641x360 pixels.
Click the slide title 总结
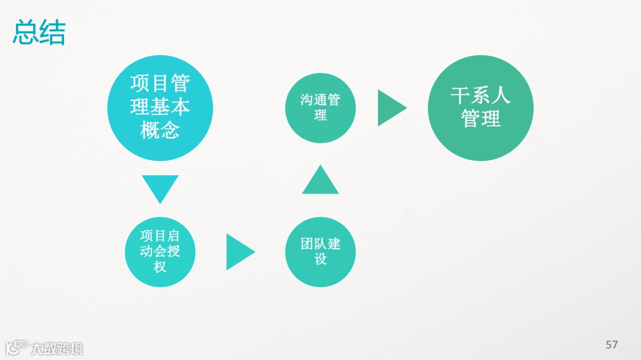pyautogui.click(x=39, y=33)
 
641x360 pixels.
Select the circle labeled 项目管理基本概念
pyautogui.click(x=160, y=108)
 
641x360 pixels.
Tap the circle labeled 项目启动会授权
pyautogui.click(x=160, y=251)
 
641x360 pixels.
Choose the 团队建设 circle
pyautogui.click(x=320, y=251)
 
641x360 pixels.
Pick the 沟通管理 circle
pyautogui.click(x=320, y=108)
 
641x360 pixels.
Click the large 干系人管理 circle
pyautogui.click(x=481, y=108)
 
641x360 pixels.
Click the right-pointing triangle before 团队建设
pyautogui.click(x=239, y=251)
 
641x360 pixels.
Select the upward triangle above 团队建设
pyautogui.click(x=320, y=180)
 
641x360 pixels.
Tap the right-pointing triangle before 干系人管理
pyautogui.click(x=391, y=108)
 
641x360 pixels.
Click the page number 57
pyautogui.click(x=611, y=345)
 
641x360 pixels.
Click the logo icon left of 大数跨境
pyautogui.click(x=17, y=347)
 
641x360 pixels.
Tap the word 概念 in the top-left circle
pyautogui.click(x=160, y=130)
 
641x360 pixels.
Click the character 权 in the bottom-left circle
pyautogui.click(x=160, y=267)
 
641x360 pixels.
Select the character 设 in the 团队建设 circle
pyautogui.click(x=320, y=259)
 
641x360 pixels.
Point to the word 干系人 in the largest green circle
pyautogui.click(x=481, y=96)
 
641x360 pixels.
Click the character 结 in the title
pyautogui.click(x=52, y=33)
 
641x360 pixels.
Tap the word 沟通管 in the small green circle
pyautogui.click(x=320, y=100)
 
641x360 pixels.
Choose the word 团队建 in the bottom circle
pyautogui.click(x=320, y=244)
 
